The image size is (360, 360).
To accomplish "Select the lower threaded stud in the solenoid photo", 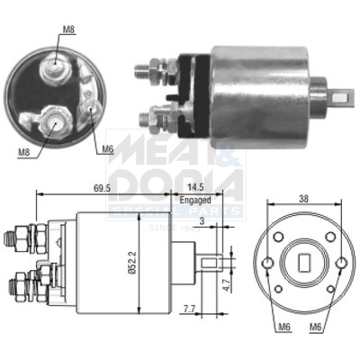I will coord(147,115).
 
